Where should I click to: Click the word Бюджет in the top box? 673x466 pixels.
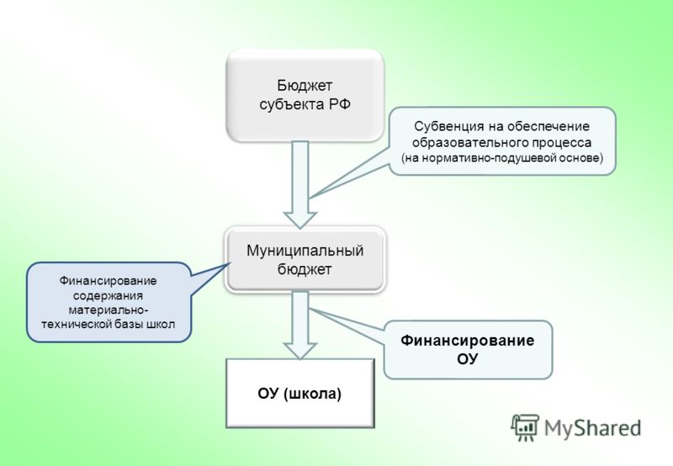(x=305, y=86)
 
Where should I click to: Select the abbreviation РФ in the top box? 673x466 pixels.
(x=340, y=104)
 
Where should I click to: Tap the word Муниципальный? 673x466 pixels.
(x=305, y=251)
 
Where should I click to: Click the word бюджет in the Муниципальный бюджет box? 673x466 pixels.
(x=305, y=269)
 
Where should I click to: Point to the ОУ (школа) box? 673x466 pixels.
(x=300, y=394)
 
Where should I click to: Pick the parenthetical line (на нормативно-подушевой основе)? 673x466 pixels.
(x=501, y=158)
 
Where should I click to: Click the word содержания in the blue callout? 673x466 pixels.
(x=108, y=295)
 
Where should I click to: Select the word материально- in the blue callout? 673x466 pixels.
(x=109, y=310)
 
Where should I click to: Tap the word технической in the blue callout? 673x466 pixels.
(x=77, y=324)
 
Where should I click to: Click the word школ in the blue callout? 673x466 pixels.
(x=161, y=324)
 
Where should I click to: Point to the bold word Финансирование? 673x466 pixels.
(x=468, y=341)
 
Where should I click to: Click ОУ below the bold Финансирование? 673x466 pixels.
(x=468, y=358)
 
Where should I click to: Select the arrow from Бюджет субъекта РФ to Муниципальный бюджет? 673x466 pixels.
(x=300, y=184)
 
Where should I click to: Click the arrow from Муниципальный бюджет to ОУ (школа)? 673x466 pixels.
(x=300, y=326)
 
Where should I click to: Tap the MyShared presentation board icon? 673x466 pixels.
(x=524, y=427)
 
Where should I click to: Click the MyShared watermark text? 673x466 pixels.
(x=593, y=428)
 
